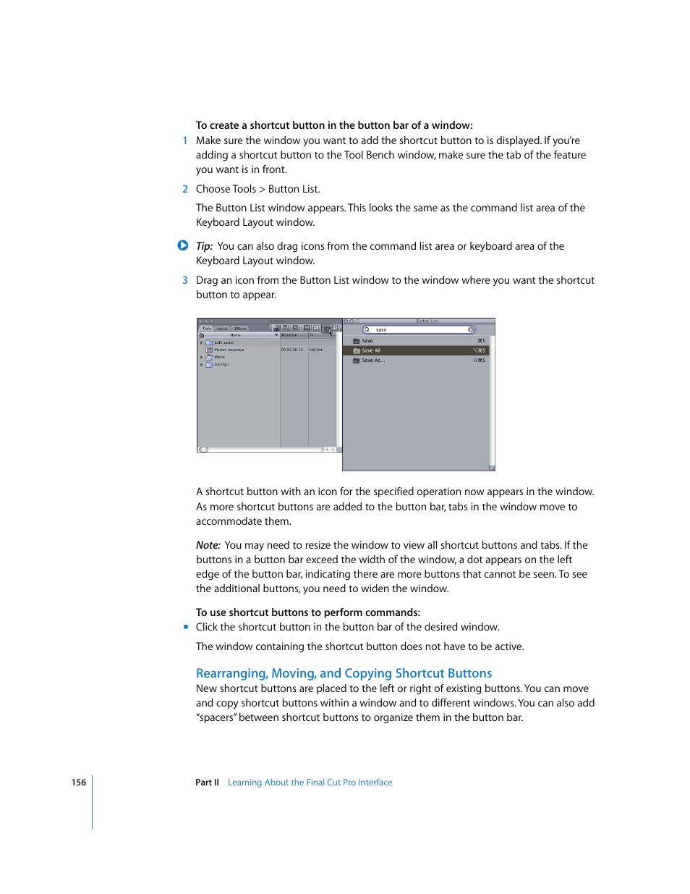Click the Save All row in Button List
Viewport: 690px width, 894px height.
pos(415,350)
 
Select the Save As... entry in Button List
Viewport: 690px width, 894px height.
pos(415,360)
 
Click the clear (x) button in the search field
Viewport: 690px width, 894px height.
pos(471,330)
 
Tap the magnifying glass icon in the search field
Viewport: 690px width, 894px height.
pos(367,330)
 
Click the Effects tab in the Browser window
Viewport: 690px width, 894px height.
pos(240,329)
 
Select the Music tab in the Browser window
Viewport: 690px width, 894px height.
pos(223,329)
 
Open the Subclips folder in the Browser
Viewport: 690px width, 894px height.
pos(221,365)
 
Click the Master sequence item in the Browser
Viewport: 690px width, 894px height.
pos(229,350)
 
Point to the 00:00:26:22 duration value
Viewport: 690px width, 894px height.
pos(292,350)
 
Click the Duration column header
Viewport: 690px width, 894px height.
pos(290,335)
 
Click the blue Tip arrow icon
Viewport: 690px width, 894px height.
pos(183,245)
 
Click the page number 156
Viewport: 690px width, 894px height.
pos(79,783)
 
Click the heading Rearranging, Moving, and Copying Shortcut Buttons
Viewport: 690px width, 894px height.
pos(344,673)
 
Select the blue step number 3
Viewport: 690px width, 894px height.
pos(185,280)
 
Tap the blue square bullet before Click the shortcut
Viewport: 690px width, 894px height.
pos(185,627)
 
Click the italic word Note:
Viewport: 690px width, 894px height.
pos(208,545)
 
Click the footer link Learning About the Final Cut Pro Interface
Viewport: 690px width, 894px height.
pos(310,783)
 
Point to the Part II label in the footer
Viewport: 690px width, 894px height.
pos(207,783)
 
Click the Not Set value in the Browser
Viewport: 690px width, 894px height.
pos(316,350)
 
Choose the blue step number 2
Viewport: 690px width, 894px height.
pos(185,189)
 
